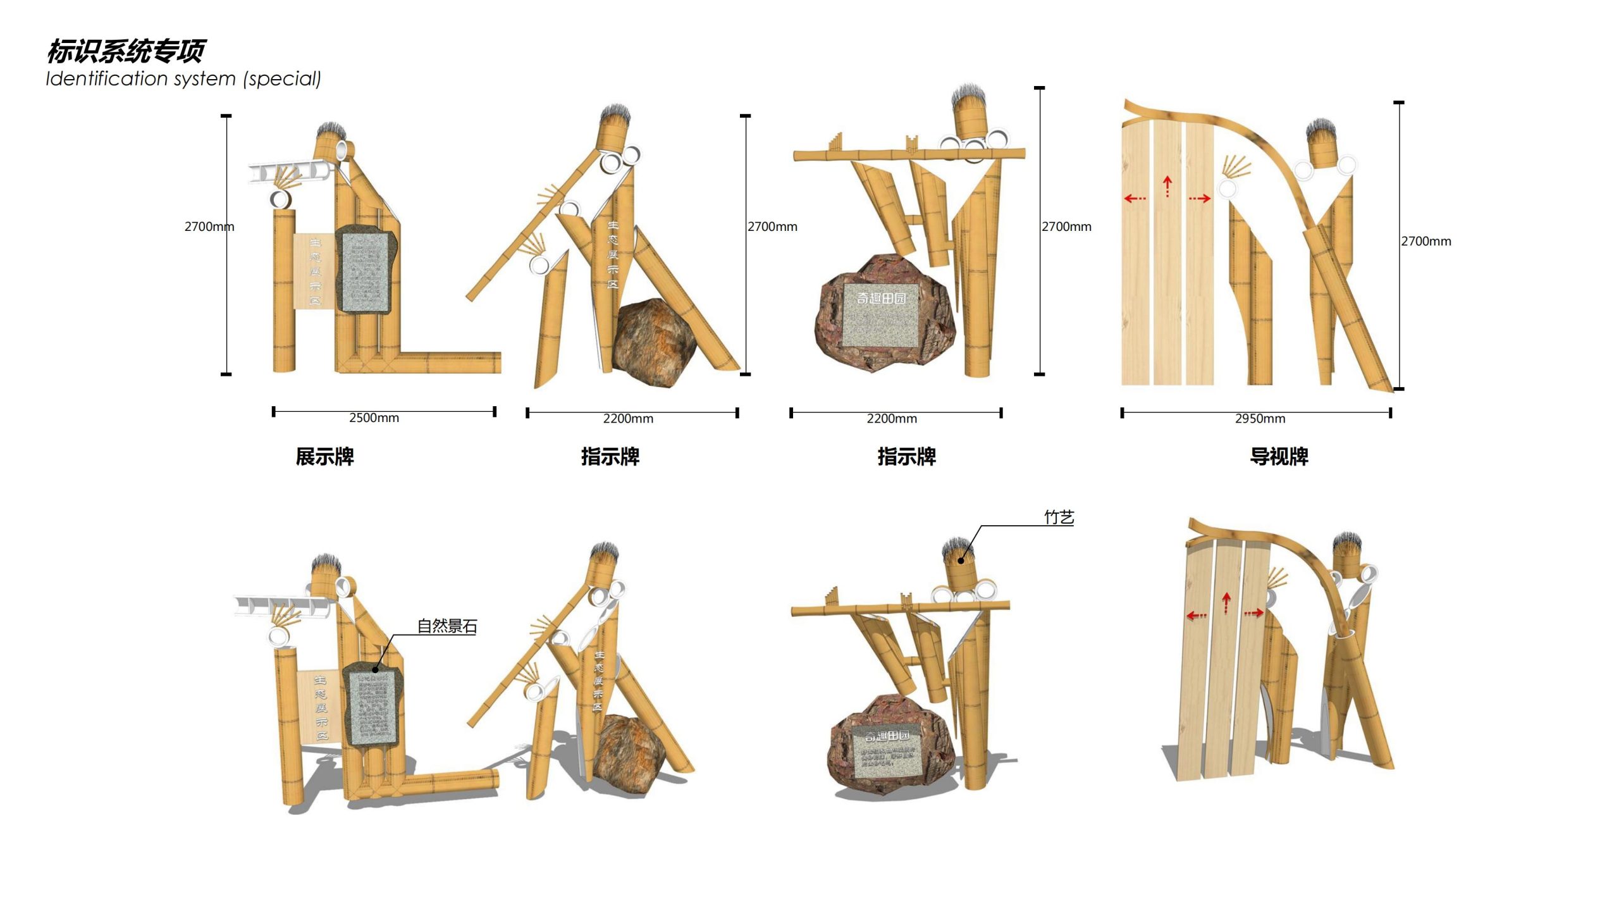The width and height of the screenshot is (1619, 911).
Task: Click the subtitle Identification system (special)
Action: tap(183, 79)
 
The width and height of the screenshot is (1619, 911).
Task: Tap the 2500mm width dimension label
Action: tap(374, 418)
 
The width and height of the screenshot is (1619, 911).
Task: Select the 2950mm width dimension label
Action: tap(1260, 419)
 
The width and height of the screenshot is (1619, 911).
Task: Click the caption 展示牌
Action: tap(324, 457)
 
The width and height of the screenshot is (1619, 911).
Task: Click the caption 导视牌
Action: tap(1279, 457)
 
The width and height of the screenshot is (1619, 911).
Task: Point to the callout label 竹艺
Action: tap(1059, 517)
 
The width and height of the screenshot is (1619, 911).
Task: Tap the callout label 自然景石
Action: tap(446, 626)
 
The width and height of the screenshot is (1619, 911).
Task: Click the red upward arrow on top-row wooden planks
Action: tap(1167, 186)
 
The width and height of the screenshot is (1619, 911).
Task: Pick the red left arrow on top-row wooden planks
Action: tap(1135, 199)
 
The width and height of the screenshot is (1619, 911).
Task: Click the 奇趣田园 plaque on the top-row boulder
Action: tap(881, 314)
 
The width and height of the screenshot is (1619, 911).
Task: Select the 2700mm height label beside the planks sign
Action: tap(1425, 241)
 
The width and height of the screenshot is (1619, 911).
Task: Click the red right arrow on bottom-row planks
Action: tap(1253, 612)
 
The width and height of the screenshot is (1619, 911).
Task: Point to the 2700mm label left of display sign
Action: tap(209, 226)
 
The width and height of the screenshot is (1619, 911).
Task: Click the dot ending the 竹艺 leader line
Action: tap(961, 560)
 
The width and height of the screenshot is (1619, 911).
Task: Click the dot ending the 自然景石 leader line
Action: tap(376, 669)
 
